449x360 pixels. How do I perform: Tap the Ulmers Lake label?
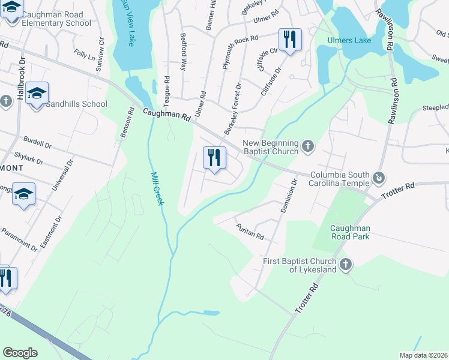click(x=349, y=40)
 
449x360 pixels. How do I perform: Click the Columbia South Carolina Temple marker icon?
click(x=379, y=178)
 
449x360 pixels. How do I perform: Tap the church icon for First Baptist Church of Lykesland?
click(x=345, y=265)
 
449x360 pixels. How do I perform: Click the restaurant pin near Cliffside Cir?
click(x=290, y=40)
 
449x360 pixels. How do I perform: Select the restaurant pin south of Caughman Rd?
click(x=214, y=158)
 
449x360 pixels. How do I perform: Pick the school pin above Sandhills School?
click(x=37, y=93)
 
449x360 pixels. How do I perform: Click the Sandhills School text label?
click(x=76, y=104)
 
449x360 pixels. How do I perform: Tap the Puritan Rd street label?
click(x=252, y=232)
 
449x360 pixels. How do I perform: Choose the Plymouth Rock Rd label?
click(x=232, y=50)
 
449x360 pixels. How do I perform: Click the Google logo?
click(x=20, y=353)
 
